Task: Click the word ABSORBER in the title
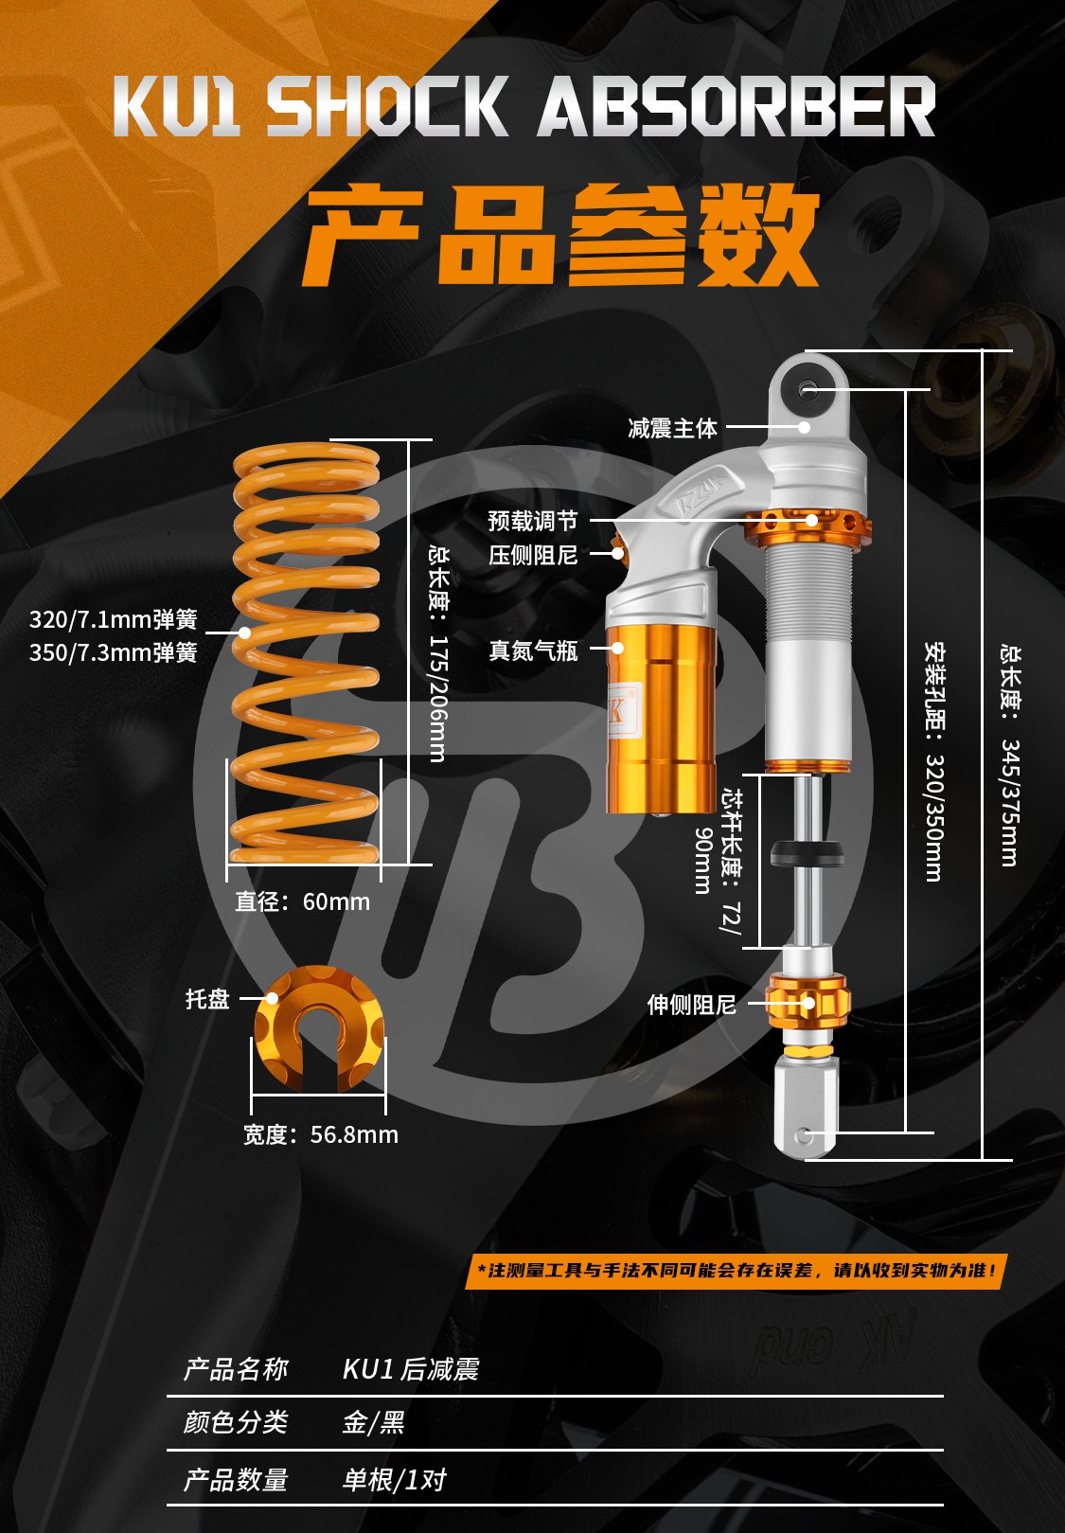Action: pos(737,106)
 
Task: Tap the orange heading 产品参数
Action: pos(560,235)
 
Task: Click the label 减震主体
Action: pos(672,428)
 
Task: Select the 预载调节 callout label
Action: pos(533,521)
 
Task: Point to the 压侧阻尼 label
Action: pos(533,555)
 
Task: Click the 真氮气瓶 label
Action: pos(533,651)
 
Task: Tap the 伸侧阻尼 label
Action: pos(691,1005)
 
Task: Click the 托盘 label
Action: pos(207,999)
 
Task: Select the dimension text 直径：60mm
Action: pos(302,902)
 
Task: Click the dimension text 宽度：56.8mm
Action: pos(321,1134)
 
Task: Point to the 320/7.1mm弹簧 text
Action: pos(113,619)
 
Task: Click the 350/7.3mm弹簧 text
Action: pos(113,653)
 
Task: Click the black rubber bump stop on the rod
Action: pos(808,853)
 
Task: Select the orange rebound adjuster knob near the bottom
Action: pos(808,1003)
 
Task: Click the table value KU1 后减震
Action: pos(411,1369)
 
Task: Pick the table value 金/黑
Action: pos(374,1423)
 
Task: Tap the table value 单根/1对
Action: pos(395,1480)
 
